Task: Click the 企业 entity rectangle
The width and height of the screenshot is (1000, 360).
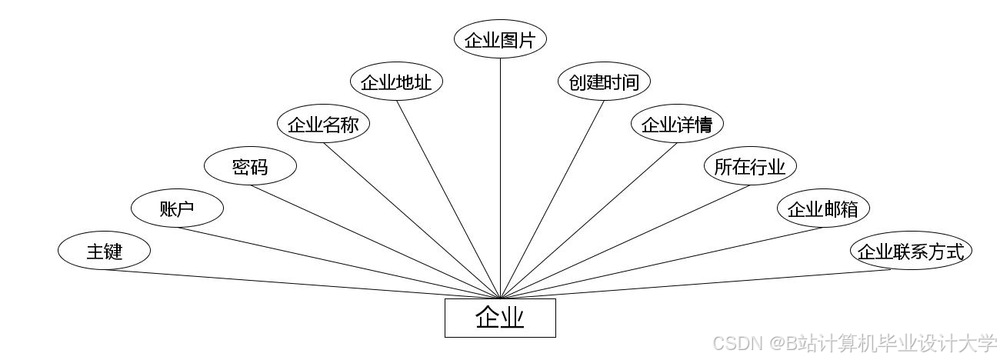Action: (x=500, y=318)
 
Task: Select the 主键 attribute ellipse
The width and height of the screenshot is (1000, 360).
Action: (x=104, y=251)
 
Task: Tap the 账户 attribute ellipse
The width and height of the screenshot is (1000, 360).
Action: (x=177, y=208)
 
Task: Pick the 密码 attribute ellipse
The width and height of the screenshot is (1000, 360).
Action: (x=250, y=166)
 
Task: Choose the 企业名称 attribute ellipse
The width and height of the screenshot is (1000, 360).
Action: (x=323, y=125)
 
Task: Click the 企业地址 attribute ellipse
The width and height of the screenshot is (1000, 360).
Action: (x=396, y=82)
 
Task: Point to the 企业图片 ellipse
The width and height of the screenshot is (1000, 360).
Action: (x=500, y=40)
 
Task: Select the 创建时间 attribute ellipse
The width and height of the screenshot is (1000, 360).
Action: (x=604, y=82)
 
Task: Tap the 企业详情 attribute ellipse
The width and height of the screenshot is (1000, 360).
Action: (x=677, y=125)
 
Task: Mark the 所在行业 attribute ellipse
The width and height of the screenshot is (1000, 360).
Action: (x=750, y=166)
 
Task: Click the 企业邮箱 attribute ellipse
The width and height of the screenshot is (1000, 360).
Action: (x=823, y=208)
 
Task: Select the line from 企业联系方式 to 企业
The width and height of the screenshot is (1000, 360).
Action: (x=704, y=283)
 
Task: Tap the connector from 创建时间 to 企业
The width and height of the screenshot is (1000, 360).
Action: (x=552, y=198)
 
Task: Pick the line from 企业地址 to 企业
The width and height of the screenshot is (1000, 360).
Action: (x=448, y=198)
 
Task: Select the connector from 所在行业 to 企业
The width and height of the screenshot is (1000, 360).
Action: (x=625, y=241)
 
